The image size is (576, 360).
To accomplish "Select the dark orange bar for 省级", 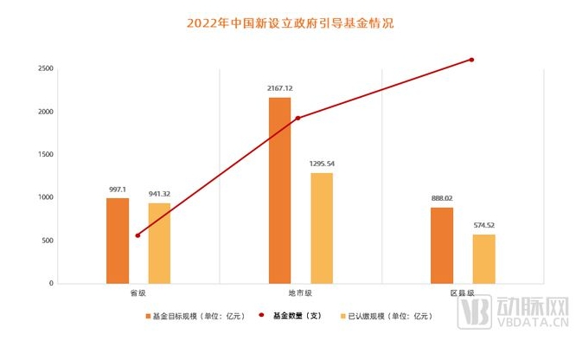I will (x=118, y=241).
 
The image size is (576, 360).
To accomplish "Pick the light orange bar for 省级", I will (x=159, y=243).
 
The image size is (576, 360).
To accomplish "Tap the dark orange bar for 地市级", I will (x=279, y=190).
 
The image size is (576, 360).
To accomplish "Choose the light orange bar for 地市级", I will (x=322, y=228).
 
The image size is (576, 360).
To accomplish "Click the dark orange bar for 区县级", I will (x=441, y=245).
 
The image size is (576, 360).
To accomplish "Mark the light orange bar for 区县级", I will (x=483, y=259).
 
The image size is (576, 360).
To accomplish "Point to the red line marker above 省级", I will (x=138, y=235).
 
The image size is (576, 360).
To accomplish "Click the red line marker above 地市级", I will (x=298, y=119).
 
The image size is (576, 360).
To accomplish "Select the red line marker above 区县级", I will (x=472, y=60).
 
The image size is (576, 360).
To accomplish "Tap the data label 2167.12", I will (x=280, y=88).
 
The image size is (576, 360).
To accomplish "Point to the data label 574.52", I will (x=484, y=225).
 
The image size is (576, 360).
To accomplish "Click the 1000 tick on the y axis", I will (x=42, y=197).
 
